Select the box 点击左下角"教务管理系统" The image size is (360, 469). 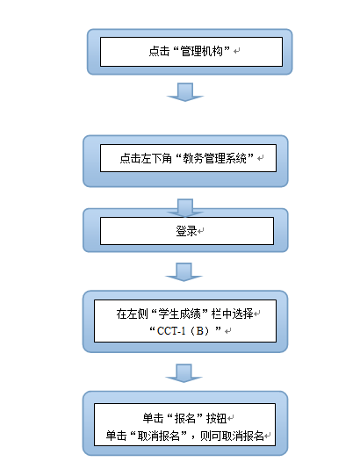[185, 159]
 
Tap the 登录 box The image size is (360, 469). [185, 231]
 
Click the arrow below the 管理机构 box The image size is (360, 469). [185, 92]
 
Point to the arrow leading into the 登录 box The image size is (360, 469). [185, 207]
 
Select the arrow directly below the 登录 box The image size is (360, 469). [185, 271]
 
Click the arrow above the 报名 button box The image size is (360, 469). [185, 373]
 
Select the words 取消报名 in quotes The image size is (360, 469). [162, 435]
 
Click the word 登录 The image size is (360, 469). [184, 231]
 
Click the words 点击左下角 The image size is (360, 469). [142, 159]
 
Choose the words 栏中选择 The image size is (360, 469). [228, 314]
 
